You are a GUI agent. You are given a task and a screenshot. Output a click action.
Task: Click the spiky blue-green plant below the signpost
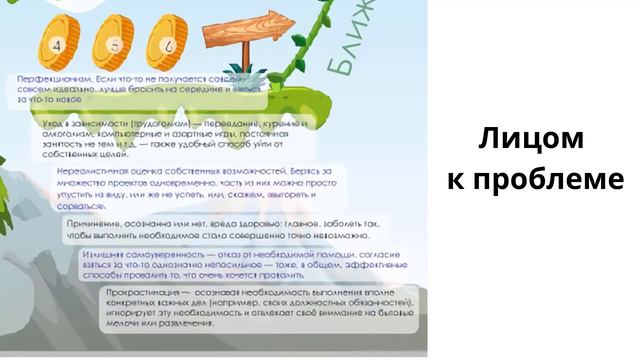[x=253, y=77]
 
